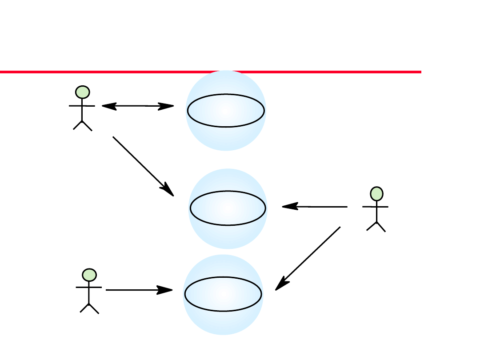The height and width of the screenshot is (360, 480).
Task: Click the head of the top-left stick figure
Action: pos(83,92)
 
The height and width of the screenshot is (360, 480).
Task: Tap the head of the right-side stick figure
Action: pos(376,194)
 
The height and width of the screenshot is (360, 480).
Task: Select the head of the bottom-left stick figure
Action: pos(89,275)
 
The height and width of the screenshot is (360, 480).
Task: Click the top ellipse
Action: pos(226,111)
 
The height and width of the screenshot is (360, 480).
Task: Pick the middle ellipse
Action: pos(228,208)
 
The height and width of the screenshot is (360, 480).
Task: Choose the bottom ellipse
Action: pos(223,294)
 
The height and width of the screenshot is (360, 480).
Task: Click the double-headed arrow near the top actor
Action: pos(138,106)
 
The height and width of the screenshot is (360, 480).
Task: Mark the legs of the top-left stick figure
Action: pos(83,125)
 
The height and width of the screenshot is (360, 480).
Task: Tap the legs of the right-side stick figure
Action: pos(376,226)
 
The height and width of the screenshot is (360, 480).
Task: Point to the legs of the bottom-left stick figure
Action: pos(89,308)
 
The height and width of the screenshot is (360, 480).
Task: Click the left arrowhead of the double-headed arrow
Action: pos(108,106)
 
